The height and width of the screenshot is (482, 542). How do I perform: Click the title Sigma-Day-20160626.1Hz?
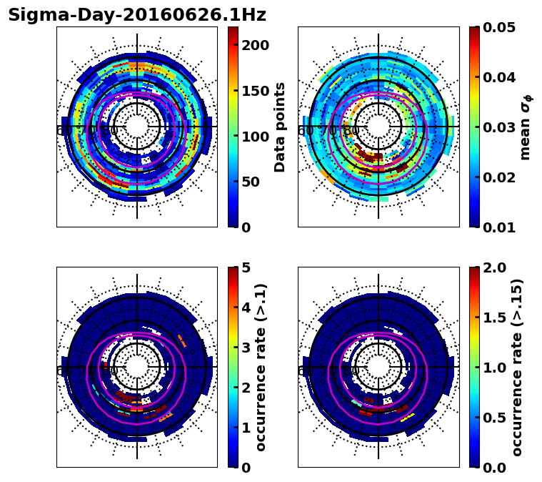click(136, 15)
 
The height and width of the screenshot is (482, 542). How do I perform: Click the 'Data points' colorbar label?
click(280, 127)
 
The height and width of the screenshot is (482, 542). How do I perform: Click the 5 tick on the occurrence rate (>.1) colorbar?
click(246, 267)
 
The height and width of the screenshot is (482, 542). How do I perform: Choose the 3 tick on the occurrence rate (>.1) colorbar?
click(246, 348)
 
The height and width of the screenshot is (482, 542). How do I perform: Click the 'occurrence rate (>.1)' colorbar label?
click(261, 367)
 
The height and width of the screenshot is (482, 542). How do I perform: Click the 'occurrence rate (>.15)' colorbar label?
click(517, 367)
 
